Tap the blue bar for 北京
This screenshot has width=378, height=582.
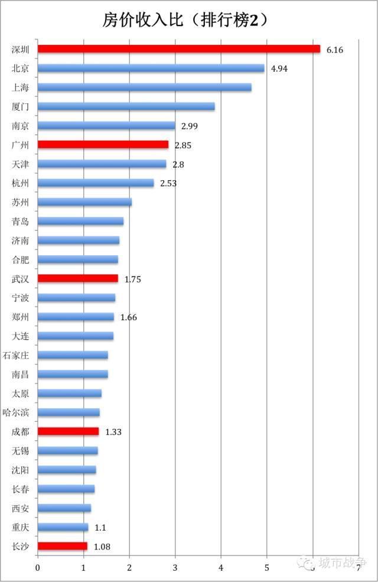click(151, 69)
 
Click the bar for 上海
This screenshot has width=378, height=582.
click(145, 87)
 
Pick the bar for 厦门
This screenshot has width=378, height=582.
click(126, 106)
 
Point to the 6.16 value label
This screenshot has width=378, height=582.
click(335, 50)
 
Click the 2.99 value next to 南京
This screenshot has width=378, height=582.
click(190, 126)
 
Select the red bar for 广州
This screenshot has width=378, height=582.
click(103, 145)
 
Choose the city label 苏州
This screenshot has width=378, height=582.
click(20, 203)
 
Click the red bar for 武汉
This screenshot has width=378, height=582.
click(78, 278)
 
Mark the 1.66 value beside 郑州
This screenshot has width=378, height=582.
click(129, 317)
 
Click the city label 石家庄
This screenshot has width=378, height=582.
click(17, 355)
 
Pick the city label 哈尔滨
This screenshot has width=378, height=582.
click(17, 412)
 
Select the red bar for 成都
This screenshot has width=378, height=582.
click(69, 431)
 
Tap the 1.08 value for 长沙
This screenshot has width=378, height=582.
click(102, 547)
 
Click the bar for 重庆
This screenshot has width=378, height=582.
click(63, 527)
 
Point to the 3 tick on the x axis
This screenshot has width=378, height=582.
click(175, 568)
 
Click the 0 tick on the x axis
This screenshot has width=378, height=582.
click(38, 568)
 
